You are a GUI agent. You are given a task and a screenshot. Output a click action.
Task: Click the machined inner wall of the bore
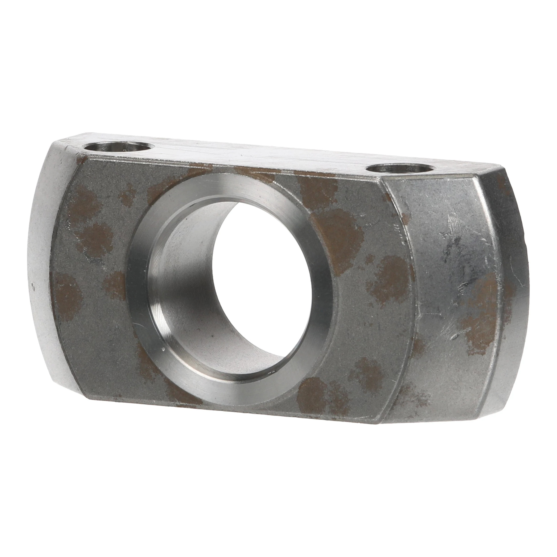coord(184,274)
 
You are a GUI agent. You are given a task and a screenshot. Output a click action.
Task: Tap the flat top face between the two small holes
coord(259,157)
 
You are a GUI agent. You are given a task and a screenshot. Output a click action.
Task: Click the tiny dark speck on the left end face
coord(34,286)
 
